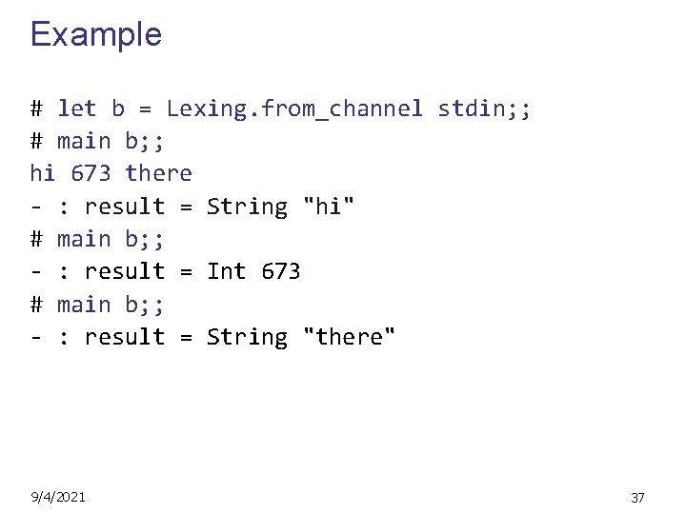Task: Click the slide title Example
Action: [96, 34]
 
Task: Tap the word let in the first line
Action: [77, 109]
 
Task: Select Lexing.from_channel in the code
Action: [294, 109]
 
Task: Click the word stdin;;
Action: [485, 109]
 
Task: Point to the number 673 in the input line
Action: [91, 173]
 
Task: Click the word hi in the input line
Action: [43, 173]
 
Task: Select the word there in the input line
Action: [158, 173]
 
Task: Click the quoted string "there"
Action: [349, 337]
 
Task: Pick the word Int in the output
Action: [227, 271]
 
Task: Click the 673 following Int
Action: [281, 271]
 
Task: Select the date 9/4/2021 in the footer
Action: [58, 496]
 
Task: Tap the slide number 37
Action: [638, 497]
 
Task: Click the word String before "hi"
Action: [247, 207]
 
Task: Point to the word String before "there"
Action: [247, 337]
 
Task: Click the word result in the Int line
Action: [125, 271]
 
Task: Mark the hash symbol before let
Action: [36, 109]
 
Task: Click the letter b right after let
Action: [118, 109]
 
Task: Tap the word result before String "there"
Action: [125, 337]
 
